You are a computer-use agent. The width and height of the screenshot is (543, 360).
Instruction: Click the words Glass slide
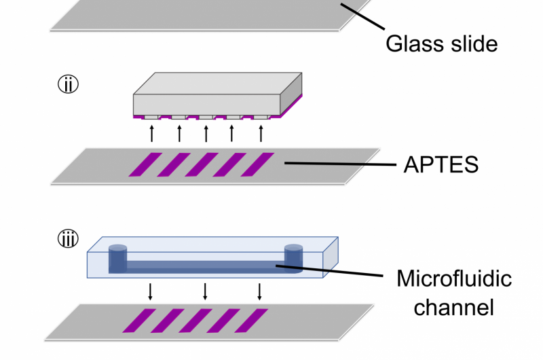coord(441,43)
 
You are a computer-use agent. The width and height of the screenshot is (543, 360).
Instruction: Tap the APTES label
coord(441,164)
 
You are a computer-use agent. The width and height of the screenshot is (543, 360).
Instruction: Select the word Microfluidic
coord(454,279)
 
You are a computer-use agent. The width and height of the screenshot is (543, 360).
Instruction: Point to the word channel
coord(453,307)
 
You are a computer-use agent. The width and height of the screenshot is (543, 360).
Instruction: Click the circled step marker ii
coord(68,85)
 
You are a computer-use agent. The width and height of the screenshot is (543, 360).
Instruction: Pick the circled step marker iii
coord(68,239)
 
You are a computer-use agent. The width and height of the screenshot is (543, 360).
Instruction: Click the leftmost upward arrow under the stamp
coord(152,132)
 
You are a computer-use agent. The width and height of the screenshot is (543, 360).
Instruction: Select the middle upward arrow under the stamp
coord(206,132)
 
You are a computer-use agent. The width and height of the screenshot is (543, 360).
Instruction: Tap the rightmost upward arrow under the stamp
coord(261,132)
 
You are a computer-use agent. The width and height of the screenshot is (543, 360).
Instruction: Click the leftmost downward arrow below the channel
coord(151,291)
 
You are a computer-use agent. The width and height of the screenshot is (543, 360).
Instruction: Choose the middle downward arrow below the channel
coord(205,291)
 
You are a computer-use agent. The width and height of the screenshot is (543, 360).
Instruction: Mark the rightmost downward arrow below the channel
coord(259,291)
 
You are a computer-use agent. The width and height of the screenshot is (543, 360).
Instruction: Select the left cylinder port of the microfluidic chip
coord(118,257)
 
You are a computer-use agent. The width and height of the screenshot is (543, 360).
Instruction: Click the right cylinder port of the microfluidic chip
coord(293,256)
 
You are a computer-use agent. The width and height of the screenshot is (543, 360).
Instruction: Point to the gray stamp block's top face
coord(217,83)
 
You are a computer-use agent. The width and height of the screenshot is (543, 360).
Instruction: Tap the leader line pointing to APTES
coord(339,164)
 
